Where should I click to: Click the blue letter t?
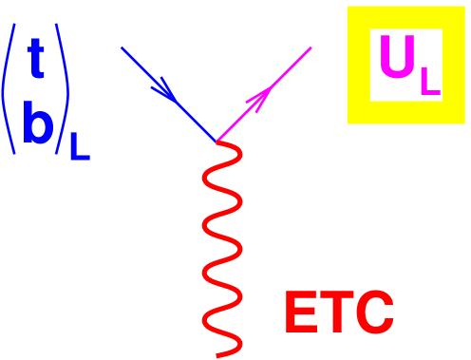tap(35, 61)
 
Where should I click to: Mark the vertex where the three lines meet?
tap(217, 141)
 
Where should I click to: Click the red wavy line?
tap(220, 247)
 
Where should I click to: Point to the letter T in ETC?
tap(336, 314)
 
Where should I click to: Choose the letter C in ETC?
tap(374, 314)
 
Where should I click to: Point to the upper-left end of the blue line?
tap(122, 47)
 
